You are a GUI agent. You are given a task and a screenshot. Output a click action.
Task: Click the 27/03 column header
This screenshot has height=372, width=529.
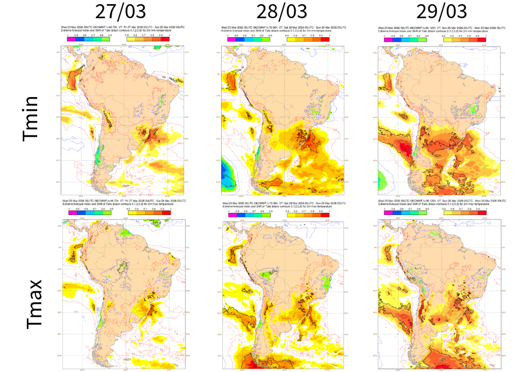pyautogui.click(x=125, y=11)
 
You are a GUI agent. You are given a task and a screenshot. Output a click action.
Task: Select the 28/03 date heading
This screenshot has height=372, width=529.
pyautogui.click(x=283, y=11)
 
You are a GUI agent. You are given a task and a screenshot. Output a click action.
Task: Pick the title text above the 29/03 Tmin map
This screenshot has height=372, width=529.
pyautogui.click(x=440, y=29)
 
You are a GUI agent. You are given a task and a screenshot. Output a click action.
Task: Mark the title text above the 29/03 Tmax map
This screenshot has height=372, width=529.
pyautogui.click(x=440, y=204)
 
